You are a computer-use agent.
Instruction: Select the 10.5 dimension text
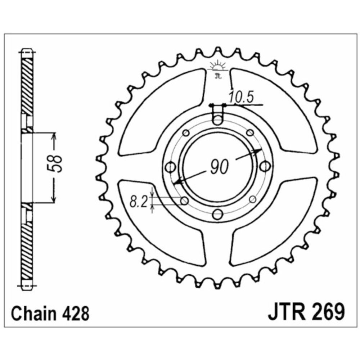241,97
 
